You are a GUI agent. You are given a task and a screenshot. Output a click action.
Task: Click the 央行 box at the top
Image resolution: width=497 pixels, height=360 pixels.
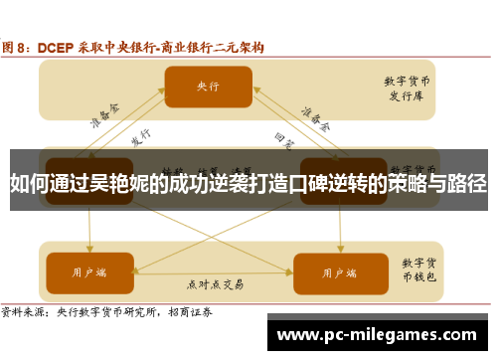click(209, 86)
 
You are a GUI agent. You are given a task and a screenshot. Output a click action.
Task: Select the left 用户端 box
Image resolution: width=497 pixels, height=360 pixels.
click(87, 245)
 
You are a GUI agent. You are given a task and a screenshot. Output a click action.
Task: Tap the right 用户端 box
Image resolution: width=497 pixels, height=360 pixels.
click(334, 245)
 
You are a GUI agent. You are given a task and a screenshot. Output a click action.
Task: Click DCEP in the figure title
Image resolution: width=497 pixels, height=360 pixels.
click(58, 46)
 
